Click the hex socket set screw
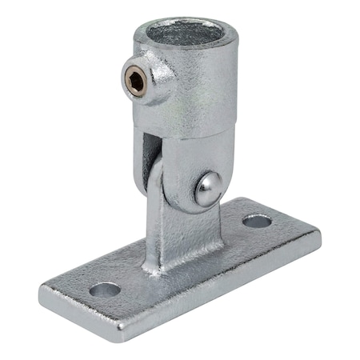tap(137, 79)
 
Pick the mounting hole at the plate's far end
tap(257, 220)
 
